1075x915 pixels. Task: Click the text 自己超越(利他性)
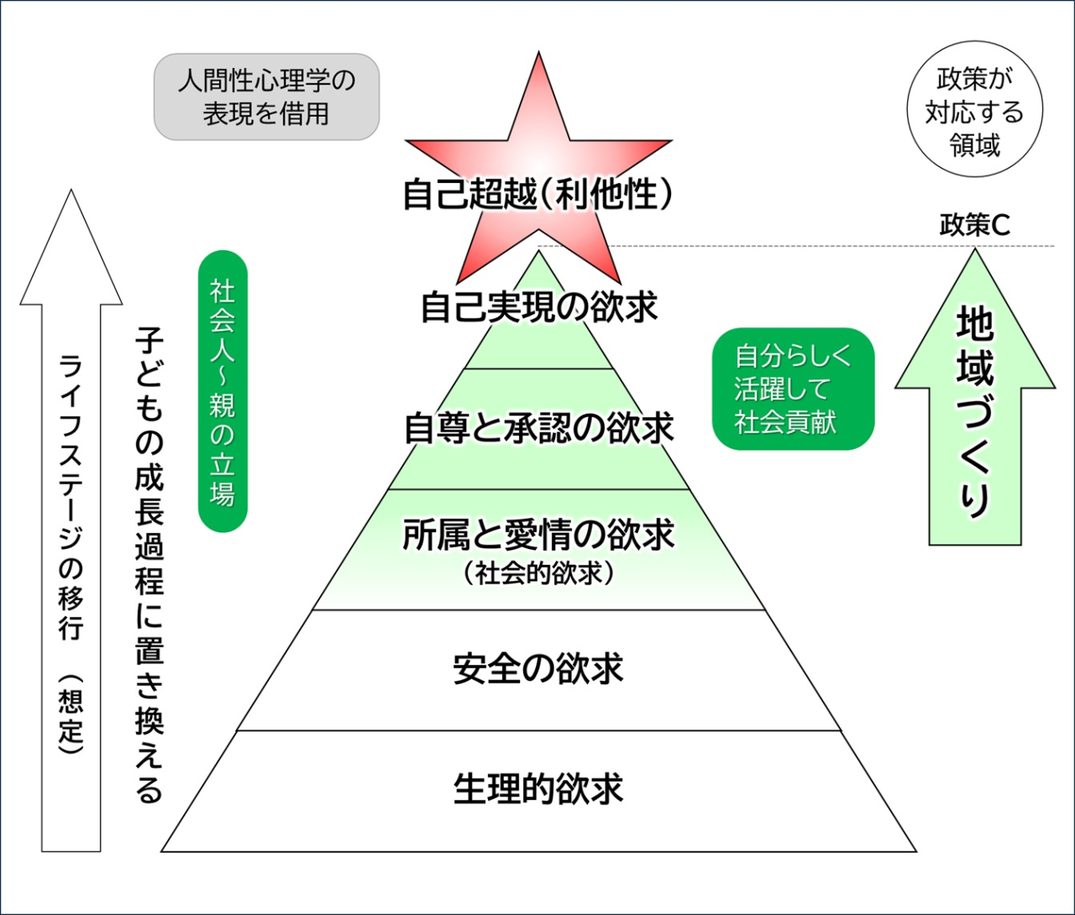pyautogui.click(x=538, y=195)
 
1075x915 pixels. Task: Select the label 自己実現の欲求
pyautogui.click(x=538, y=307)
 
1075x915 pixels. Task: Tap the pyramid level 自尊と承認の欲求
pyautogui.click(x=538, y=428)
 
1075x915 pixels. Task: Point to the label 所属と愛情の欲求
pyautogui.click(x=538, y=535)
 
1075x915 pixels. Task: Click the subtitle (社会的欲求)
pyautogui.click(x=538, y=573)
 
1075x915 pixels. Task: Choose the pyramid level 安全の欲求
pyautogui.click(x=538, y=669)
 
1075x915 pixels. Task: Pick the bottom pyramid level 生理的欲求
pyautogui.click(x=538, y=789)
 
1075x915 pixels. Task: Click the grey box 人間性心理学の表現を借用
pyautogui.click(x=266, y=97)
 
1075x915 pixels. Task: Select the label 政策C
pyautogui.click(x=974, y=225)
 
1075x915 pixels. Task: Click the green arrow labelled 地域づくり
pyautogui.click(x=975, y=411)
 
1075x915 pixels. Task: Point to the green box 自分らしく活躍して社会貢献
pyautogui.click(x=793, y=389)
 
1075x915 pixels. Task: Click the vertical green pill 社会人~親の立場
pyautogui.click(x=223, y=391)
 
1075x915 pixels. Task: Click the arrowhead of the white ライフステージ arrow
pyautogui.click(x=71, y=252)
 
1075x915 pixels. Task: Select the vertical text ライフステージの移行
pyautogui.click(x=71, y=495)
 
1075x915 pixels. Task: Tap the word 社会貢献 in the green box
pyautogui.click(x=785, y=422)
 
